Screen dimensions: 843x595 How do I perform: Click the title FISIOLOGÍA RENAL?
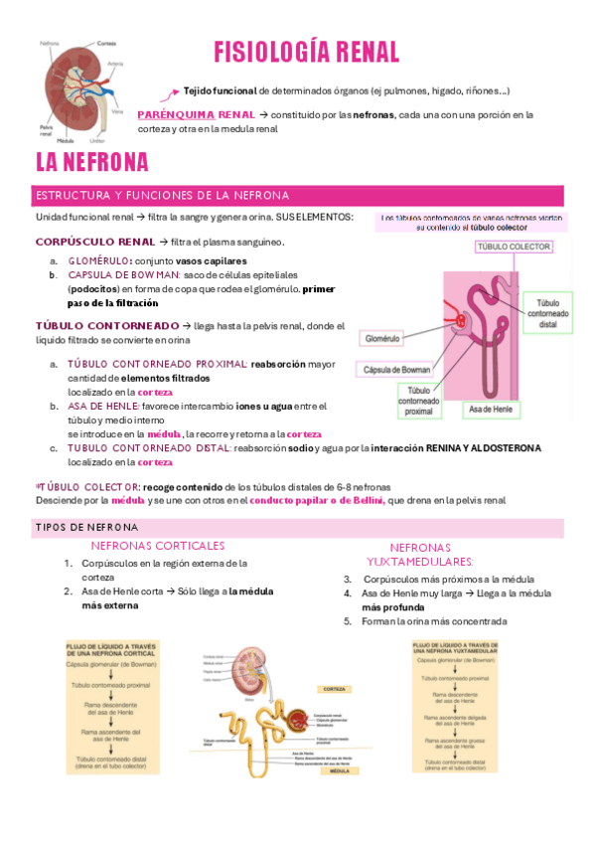(x=307, y=53)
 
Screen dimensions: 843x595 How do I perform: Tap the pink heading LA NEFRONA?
(x=91, y=162)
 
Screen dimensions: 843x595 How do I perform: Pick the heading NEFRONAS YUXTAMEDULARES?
(x=420, y=554)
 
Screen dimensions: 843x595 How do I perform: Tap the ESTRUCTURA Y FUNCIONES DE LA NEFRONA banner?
(x=162, y=195)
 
